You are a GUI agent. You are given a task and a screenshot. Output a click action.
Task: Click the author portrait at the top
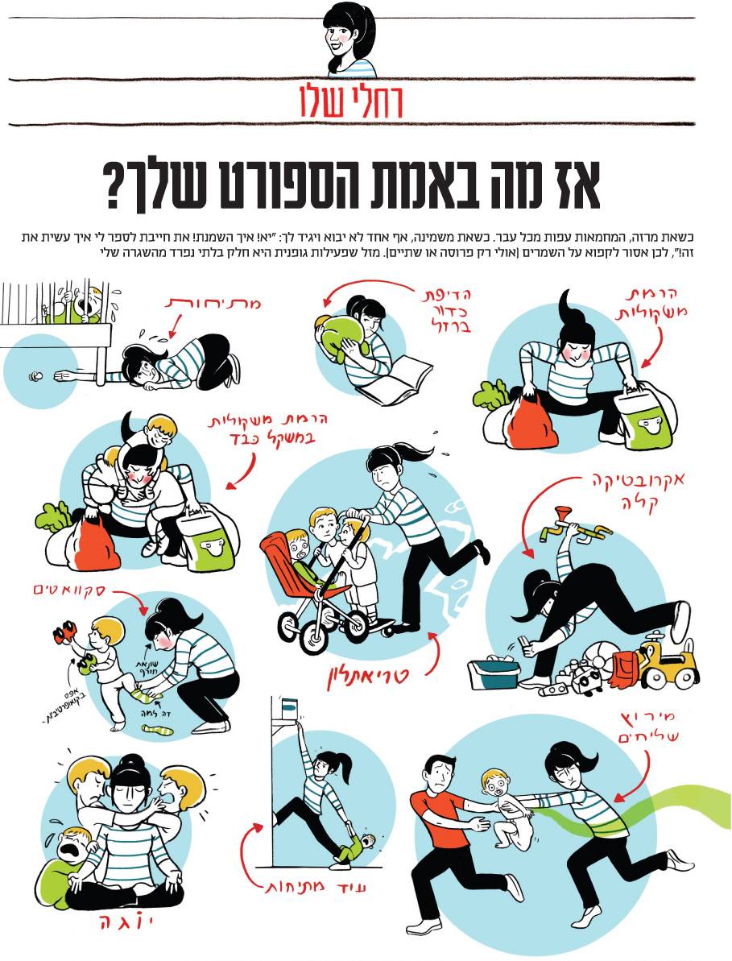tap(352, 38)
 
